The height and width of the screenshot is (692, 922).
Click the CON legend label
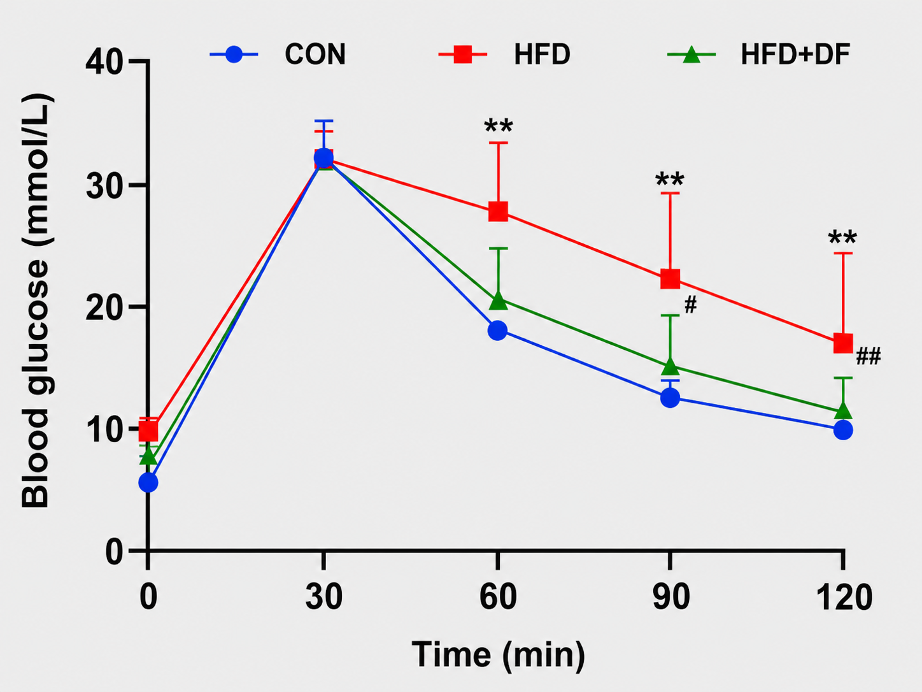click(315, 54)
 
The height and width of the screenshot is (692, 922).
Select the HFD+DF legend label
click(795, 54)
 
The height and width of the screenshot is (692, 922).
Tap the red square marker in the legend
click(462, 54)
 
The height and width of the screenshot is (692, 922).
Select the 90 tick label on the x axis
click(671, 597)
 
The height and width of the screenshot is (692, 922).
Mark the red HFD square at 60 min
click(498, 211)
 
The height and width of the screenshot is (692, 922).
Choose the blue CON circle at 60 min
click(497, 331)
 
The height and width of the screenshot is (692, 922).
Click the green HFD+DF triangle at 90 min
click(670, 366)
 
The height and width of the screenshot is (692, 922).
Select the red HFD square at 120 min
click(843, 343)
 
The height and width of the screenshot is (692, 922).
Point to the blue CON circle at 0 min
click(148, 482)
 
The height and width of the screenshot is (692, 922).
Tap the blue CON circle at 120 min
click(843, 430)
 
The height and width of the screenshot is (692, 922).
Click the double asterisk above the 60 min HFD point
click(499, 126)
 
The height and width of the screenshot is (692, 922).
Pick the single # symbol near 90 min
click(691, 305)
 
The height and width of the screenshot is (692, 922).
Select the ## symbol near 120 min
click(869, 357)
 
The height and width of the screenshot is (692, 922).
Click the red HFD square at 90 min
click(670, 278)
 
